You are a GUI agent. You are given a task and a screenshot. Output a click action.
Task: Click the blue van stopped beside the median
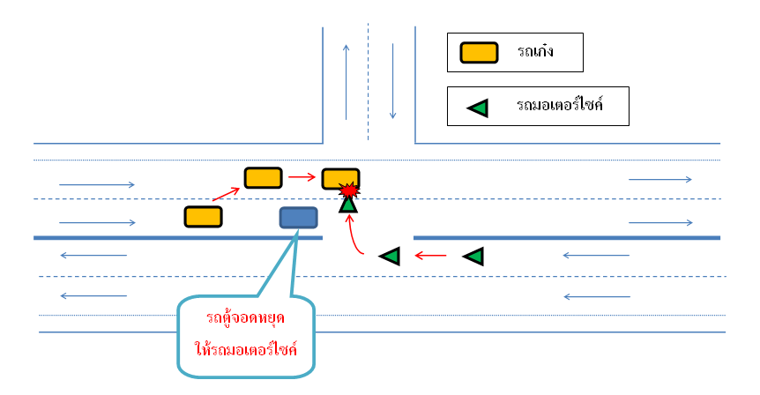(x=298, y=217)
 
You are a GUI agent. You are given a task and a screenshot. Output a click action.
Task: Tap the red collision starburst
(x=349, y=190)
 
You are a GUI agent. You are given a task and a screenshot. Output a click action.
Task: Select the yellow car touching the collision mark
(x=339, y=178)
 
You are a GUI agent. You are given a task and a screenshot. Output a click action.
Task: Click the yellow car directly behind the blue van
(x=202, y=216)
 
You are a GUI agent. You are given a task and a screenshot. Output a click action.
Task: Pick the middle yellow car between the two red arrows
(x=263, y=177)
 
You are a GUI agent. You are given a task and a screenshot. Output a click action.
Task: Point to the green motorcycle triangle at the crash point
(x=348, y=205)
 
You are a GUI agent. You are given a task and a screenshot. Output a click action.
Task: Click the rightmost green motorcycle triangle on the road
(x=474, y=257)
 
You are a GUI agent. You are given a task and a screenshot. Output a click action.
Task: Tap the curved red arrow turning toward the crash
(x=354, y=236)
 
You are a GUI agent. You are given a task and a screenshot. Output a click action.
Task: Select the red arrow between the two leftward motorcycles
(x=431, y=257)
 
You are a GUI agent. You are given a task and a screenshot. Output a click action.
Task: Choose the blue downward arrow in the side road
(x=392, y=81)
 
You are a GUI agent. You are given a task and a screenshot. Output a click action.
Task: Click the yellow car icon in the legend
(x=479, y=54)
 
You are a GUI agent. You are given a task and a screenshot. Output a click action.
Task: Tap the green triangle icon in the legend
(x=478, y=108)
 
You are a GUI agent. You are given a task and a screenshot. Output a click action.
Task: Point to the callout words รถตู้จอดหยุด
(x=245, y=317)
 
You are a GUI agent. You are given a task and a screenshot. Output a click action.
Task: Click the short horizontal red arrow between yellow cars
(x=302, y=177)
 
